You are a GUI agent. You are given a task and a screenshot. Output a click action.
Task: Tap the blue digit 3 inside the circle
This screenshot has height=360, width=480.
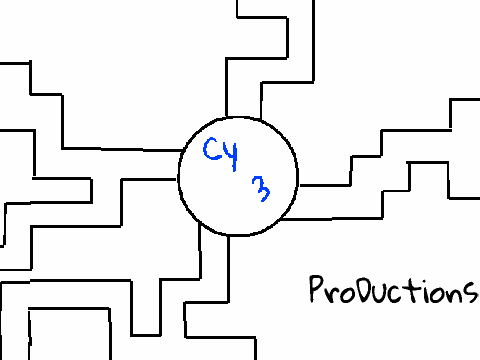[261, 189]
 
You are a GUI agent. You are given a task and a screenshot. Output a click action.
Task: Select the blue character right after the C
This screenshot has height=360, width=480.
[231, 155]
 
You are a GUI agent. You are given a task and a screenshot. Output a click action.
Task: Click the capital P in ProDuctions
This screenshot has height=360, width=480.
[317, 289]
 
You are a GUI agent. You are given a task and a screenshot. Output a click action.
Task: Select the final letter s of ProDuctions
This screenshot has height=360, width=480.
[470, 293]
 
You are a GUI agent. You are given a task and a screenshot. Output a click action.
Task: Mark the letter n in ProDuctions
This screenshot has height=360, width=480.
[453, 293]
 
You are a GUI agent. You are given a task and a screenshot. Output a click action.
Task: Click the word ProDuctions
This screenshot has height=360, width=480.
[393, 289]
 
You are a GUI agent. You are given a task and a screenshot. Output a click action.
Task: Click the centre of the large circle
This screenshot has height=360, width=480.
[238, 177]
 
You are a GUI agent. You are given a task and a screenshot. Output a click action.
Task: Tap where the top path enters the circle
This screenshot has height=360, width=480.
[243, 117]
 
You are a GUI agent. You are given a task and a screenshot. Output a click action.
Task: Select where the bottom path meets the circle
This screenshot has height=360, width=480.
[214, 231]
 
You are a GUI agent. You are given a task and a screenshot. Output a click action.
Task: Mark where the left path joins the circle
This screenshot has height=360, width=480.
[179, 165]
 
